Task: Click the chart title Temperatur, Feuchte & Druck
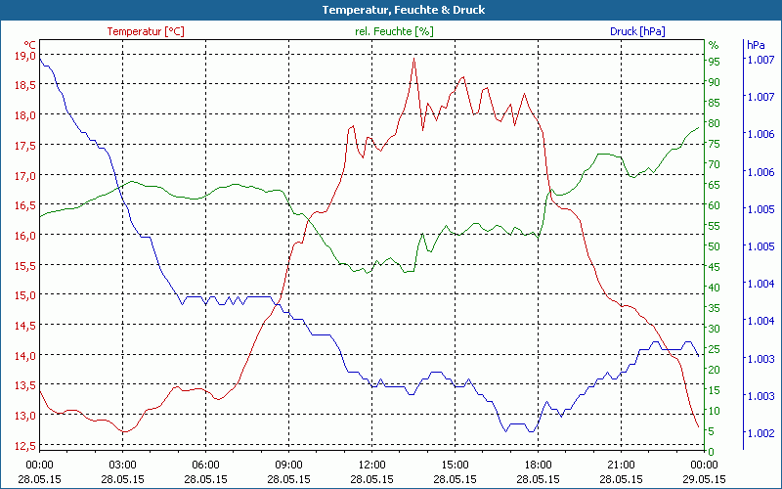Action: (390, 10)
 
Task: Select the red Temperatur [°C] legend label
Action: (145, 31)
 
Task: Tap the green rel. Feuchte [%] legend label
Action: (394, 31)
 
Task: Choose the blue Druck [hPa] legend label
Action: (637, 31)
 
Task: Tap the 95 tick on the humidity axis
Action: (715, 61)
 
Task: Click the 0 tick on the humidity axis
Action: (712, 451)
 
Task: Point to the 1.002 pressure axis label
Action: (760, 432)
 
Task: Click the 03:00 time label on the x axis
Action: (122, 465)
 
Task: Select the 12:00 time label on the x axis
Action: (371, 465)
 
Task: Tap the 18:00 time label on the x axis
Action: (538, 465)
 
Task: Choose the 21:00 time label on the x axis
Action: (621, 465)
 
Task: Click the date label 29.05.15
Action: (704, 479)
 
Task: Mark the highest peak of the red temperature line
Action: (413, 59)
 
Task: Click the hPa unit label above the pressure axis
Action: (755, 45)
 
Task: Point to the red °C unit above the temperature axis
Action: (30, 45)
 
